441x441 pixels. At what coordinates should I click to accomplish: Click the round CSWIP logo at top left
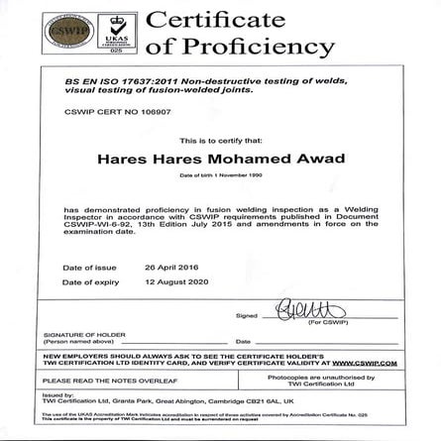(65, 32)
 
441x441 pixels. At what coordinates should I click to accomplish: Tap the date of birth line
(220, 174)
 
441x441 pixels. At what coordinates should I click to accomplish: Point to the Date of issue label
(89, 268)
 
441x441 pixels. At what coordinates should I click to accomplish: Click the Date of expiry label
(91, 282)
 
